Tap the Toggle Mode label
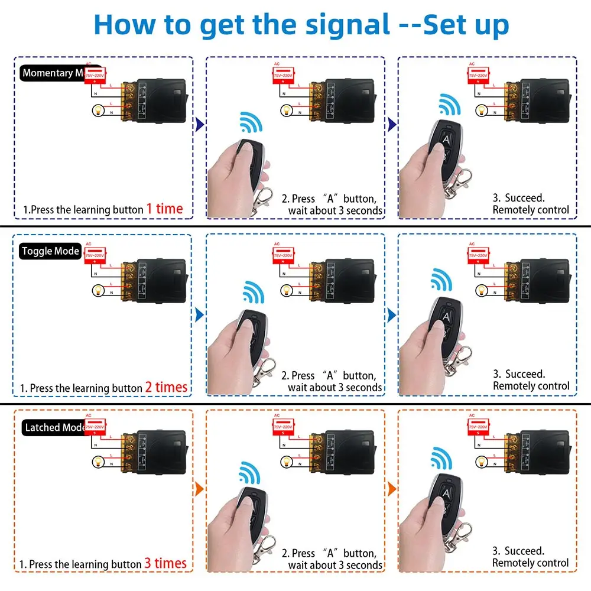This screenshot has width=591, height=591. [x=50, y=251]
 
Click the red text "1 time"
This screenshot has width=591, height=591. [x=164, y=209]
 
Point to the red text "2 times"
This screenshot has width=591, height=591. [x=166, y=387]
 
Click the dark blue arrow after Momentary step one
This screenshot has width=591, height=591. [x=199, y=124]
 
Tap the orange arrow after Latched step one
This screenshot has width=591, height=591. [x=199, y=490]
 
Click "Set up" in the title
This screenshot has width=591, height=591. [x=467, y=24]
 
